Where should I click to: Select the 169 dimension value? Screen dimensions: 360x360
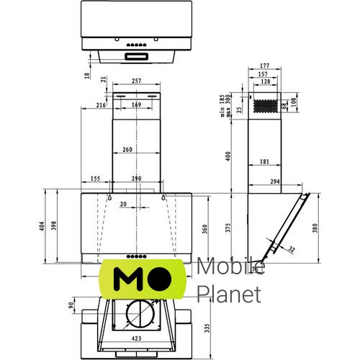click(x=136, y=105)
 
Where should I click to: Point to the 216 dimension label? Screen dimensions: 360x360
click(x=101, y=105)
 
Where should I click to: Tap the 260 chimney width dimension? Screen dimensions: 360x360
click(x=127, y=150)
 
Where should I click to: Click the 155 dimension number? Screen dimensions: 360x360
click(x=95, y=178)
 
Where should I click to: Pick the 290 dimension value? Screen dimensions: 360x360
click(x=136, y=178)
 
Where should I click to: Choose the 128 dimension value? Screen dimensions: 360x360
click(x=266, y=82)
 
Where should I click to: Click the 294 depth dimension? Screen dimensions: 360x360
click(x=274, y=183)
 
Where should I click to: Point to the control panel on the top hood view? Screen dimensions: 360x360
click(x=137, y=55)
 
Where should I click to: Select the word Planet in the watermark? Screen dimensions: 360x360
click(x=228, y=294)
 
